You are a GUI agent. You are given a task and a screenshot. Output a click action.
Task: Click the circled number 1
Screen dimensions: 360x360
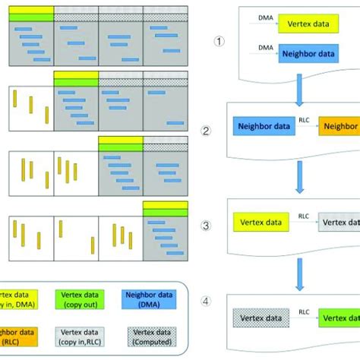(x=218, y=42)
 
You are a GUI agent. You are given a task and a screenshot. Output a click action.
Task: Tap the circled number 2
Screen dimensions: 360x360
(x=205, y=130)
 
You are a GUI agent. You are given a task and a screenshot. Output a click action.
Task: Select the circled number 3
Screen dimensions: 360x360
(x=205, y=226)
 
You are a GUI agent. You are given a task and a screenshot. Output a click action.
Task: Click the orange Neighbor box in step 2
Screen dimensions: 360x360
(x=339, y=129)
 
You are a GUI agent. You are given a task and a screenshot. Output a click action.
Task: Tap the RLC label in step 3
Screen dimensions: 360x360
(x=304, y=216)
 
